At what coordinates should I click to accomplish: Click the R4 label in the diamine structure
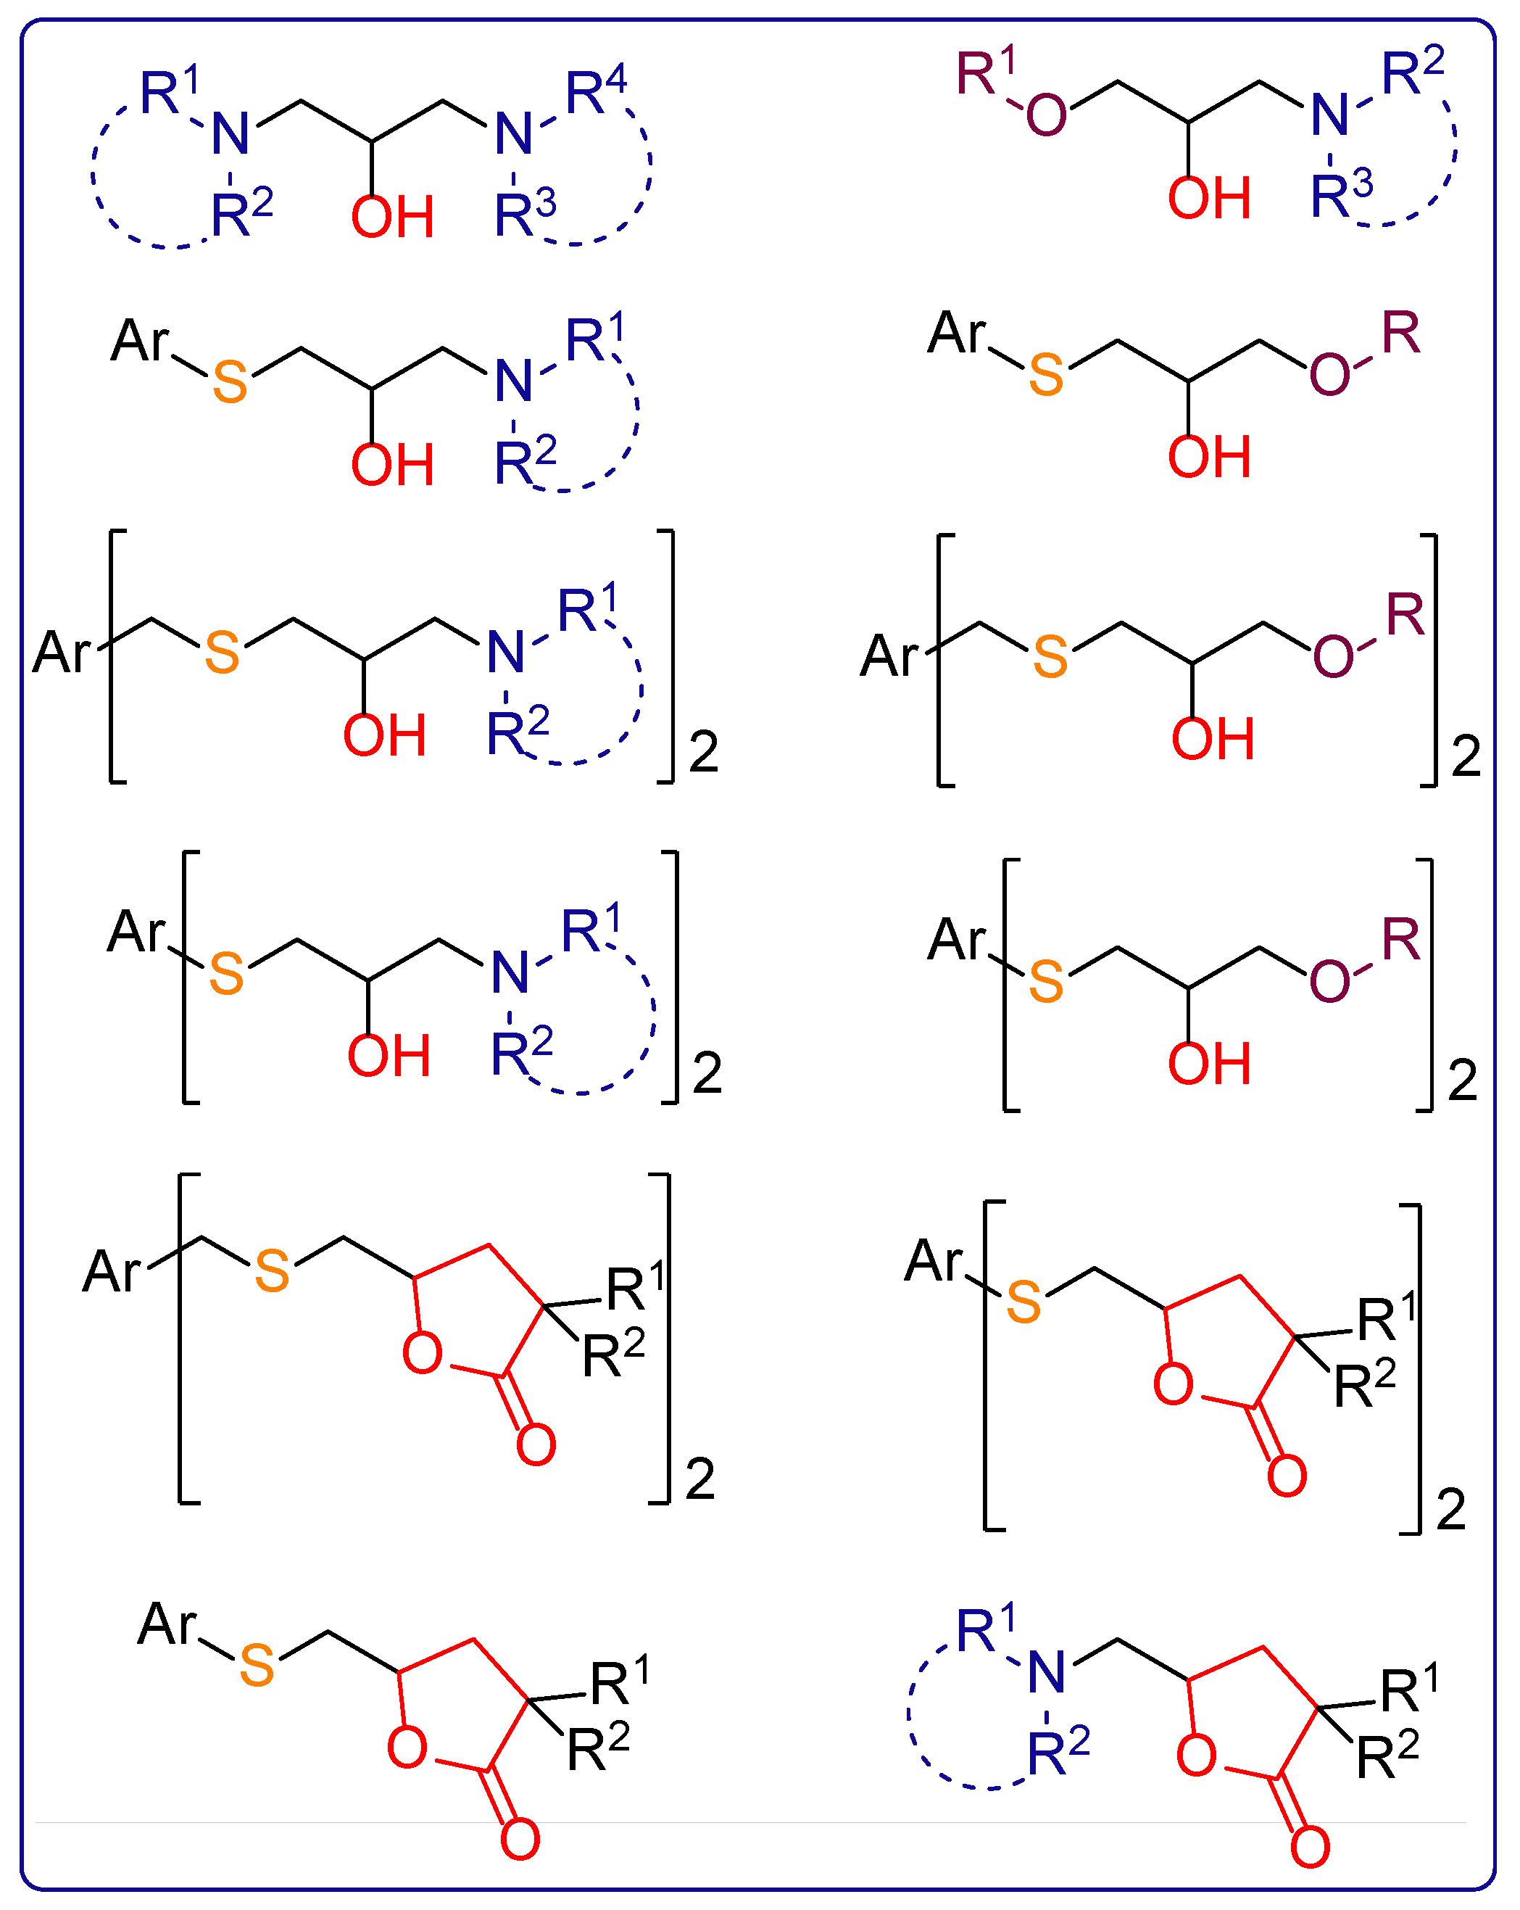click(x=595, y=91)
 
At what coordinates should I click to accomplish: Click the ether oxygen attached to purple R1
click(x=1046, y=115)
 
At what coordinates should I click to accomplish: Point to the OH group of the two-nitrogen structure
click(x=392, y=217)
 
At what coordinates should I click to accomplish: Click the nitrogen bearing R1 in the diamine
click(x=231, y=135)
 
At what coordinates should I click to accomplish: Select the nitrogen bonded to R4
click(x=514, y=135)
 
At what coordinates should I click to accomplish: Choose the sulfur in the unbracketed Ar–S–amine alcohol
click(x=231, y=383)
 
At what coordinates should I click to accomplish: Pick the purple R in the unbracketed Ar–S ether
click(x=1400, y=334)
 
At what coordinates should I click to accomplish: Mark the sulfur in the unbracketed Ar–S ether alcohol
click(x=1046, y=375)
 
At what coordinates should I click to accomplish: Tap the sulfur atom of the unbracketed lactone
click(x=257, y=1666)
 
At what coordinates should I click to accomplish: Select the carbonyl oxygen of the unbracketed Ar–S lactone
click(x=520, y=1840)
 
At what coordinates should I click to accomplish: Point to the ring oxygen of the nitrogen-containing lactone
click(x=1196, y=1756)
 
